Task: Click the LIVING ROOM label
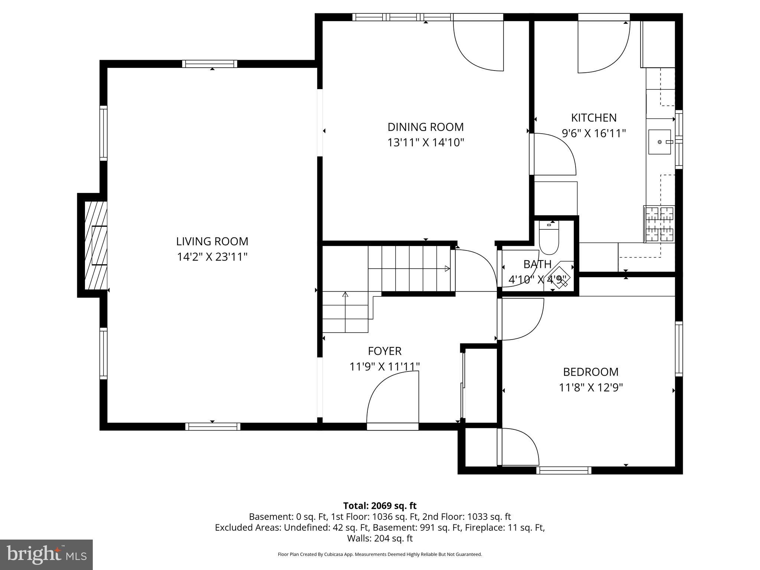[x=212, y=242]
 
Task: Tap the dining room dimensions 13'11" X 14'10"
[x=426, y=142]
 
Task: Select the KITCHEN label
[x=593, y=118]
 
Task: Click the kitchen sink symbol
[x=660, y=142]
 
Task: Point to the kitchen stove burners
[x=659, y=224]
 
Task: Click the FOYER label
[x=384, y=351]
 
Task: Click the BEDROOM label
[x=590, y=372]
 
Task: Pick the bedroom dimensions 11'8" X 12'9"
[x=590, y=388]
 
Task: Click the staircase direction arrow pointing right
[x=447, y=269]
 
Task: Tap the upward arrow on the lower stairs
[x=345, y=295]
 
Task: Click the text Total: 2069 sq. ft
[x=380, y=506]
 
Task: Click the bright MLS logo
[x=46, y=554]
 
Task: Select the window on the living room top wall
[x=210, y=64]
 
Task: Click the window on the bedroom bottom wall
[x=564, y=471]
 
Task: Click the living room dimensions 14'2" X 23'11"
[x=212, y=257]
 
